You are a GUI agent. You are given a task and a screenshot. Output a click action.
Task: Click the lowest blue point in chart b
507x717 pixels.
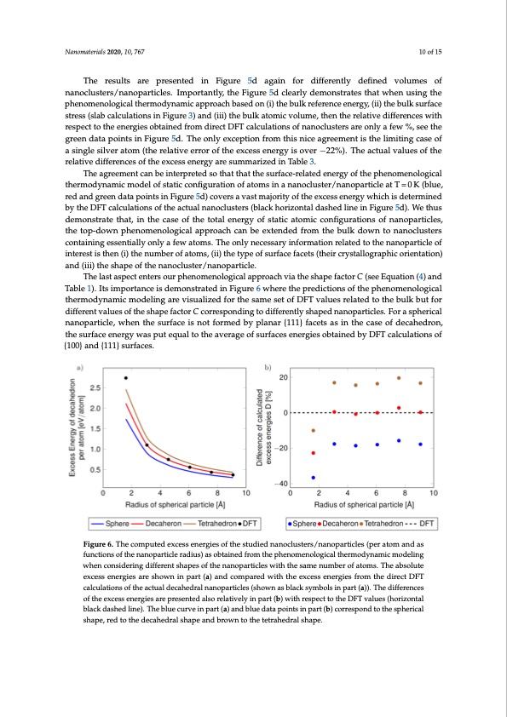click(313, 478)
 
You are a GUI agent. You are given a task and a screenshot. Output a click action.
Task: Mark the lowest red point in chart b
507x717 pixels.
click(313, 453)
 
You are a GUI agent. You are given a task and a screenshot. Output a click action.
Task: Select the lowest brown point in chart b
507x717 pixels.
click(313, 431)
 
